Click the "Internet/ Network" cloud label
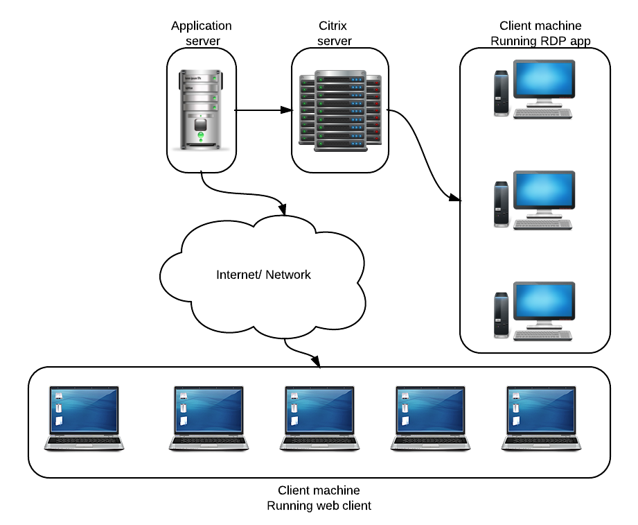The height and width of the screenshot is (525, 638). point(263,275)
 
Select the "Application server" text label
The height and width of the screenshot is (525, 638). point(202,33)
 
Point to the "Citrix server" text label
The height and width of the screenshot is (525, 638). point(335,33)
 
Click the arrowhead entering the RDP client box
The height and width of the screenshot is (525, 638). point(455,200)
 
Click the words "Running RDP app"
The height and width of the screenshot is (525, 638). point(540,41)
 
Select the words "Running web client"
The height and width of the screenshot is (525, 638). point(319,506)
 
